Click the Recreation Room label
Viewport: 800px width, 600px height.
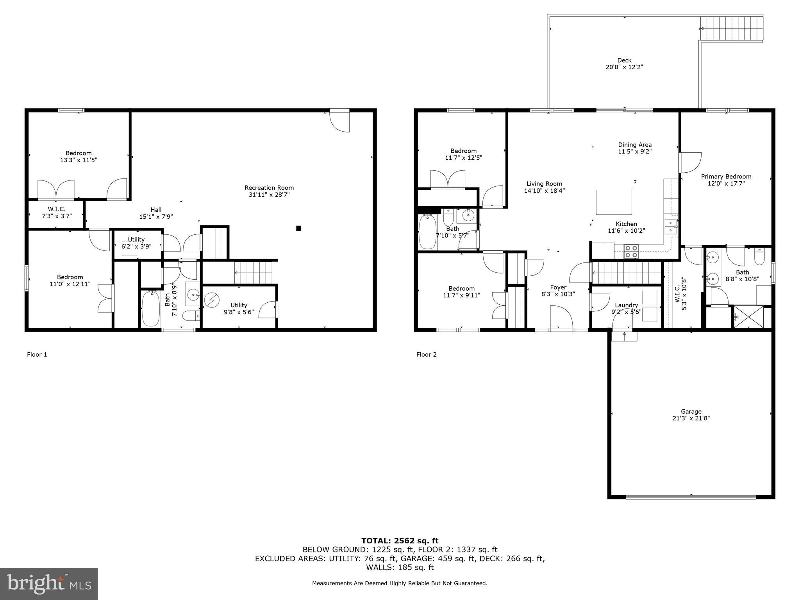(269, 188)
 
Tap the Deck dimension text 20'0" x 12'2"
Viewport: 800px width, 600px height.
(624, 67)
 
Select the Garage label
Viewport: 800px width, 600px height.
(691, 411)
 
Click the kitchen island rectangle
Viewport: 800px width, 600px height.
(614, 202)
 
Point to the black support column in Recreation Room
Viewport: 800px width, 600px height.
(298, 228)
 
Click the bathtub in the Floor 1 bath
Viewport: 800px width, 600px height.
(150, 308)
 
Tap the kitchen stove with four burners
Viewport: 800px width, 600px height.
(631, 251)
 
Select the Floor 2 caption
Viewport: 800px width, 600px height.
(426, 355)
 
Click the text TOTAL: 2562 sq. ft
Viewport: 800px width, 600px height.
(400, 541)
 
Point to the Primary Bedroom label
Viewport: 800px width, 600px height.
(726, 177)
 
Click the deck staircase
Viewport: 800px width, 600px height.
(731, 28)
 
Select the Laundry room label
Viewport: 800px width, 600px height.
(626, 305)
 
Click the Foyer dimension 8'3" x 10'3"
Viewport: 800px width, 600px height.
(558, 294)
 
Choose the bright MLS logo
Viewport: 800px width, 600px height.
(49, 584)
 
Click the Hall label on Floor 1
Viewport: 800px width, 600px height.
(156, 210)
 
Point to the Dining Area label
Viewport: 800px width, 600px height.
(634, 145)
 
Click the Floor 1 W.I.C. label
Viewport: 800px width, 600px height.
(57, 209)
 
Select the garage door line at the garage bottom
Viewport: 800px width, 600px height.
(691, 497)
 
